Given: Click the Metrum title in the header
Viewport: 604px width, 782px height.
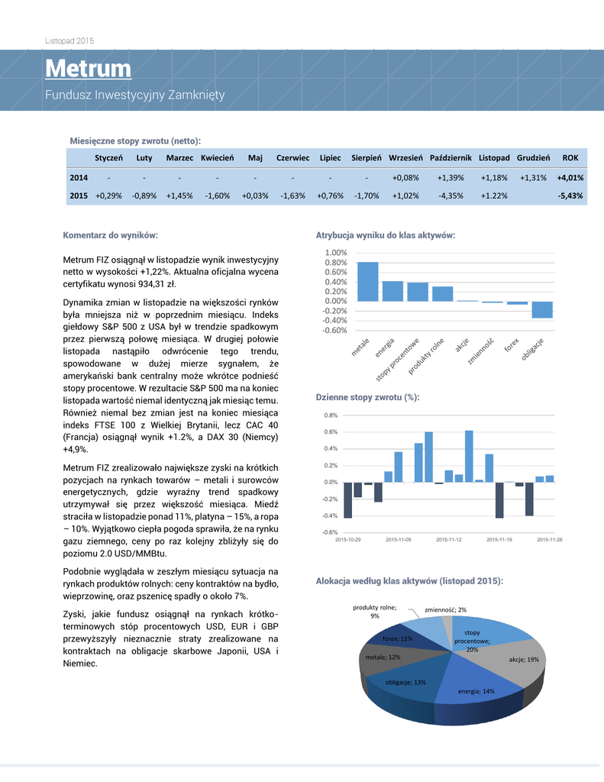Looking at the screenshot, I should [88, 69].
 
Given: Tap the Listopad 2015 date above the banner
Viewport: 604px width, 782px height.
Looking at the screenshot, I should [69, 40].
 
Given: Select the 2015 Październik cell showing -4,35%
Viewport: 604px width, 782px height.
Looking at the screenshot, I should [451, 195].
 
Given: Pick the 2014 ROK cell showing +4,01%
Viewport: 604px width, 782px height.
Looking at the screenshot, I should [570, 178].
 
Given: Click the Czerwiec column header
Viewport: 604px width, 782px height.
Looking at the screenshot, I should [292, 158].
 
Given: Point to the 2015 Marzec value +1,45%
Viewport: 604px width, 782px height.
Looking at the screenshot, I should [179, 195].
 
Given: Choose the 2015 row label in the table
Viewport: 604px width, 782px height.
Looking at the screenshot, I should [79, 195].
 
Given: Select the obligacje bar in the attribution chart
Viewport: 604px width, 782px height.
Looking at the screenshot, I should [542, 309].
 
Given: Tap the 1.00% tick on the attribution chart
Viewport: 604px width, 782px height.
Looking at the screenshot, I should [336, 253].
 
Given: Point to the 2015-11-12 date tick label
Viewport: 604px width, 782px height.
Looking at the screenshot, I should [449, 540].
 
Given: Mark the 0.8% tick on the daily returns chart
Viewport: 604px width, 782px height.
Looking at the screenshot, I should [330, 415].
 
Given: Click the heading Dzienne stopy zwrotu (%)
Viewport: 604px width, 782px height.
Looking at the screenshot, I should [368, 397].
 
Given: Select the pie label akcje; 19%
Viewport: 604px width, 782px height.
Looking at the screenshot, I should [524, 659].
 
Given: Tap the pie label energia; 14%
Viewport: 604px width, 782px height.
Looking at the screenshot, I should [476, 691].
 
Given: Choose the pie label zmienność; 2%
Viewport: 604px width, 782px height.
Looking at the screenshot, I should [445, 609].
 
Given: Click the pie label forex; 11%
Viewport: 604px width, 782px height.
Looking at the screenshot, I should [397, 638].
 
